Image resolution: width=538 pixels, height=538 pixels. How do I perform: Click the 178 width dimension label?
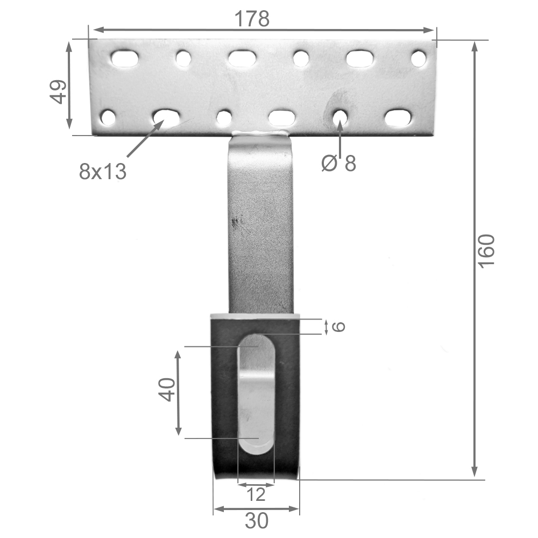(x=252, y=19)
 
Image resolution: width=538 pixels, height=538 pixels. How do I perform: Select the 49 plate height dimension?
(x=59, y=91)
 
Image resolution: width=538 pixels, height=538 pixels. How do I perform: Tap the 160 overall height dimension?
(x=486, y=251)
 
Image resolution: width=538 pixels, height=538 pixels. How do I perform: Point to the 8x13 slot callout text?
(x=102, y=172)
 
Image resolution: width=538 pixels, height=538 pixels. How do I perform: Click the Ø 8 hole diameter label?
(x=339, y=163)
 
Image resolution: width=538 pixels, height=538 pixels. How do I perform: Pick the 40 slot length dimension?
(x=167, y=389)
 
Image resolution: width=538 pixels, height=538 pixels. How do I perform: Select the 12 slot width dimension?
(x=256, y=494)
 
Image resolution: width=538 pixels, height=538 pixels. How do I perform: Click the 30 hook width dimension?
(x=257, y=521)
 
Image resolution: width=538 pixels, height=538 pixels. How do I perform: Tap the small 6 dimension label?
(x=338, y=327)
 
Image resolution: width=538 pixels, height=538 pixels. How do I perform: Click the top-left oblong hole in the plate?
(x=125, y=59)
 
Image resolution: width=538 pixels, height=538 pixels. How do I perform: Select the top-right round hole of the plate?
(x=419, y=58)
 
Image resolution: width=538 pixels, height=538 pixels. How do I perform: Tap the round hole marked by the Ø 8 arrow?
(x=339, y=117)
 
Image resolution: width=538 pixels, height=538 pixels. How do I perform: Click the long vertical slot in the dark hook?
(x=256, y=393)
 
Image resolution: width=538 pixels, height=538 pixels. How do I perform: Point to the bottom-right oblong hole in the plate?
(x=398, y=118)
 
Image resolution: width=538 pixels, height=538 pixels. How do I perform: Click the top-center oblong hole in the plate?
(x=242, y=58)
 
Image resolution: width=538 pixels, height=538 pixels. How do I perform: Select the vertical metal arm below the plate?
(x=261, y=226)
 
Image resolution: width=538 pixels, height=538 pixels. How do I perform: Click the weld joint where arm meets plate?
(x=261, y=133)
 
